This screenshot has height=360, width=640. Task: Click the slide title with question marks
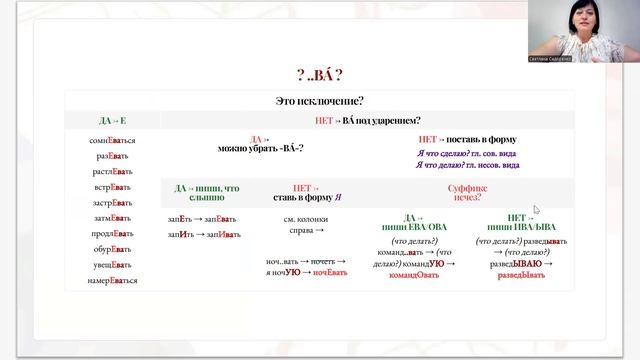(x=319, y=74)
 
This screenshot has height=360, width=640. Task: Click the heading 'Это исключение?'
(x=318, y=101)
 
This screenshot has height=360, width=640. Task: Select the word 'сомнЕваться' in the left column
(x=111, y=141)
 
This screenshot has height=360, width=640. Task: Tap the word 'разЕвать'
(x=111, y=157)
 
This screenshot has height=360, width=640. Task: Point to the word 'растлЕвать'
(x=111, y=172)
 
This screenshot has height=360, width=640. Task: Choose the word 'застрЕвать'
(x=111, y=202)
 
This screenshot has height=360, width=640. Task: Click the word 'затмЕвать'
(x=111, y=218)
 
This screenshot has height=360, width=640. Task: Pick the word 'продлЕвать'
(x=111, y=234)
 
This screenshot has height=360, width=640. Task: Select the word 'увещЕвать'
(x=111, y=265)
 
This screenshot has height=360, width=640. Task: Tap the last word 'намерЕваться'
(x=111, y=280)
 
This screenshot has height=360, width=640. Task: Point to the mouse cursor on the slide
(x=537, y=210)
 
